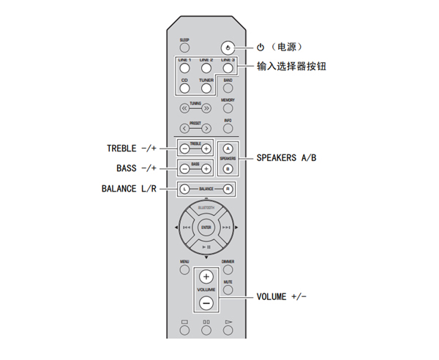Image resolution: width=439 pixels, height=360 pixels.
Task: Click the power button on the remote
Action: (229, 46)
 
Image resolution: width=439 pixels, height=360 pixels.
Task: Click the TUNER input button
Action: (206, 88)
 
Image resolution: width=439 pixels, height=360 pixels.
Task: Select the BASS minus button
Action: (184, 168)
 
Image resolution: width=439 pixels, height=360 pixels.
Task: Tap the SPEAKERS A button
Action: (228, 148)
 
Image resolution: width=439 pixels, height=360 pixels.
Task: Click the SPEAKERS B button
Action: (228, 168)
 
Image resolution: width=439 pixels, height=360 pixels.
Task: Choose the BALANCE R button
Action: (228, 189)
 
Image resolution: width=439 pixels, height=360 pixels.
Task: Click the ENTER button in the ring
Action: (206, 229)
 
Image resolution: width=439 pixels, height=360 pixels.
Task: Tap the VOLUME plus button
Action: (206, 278)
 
